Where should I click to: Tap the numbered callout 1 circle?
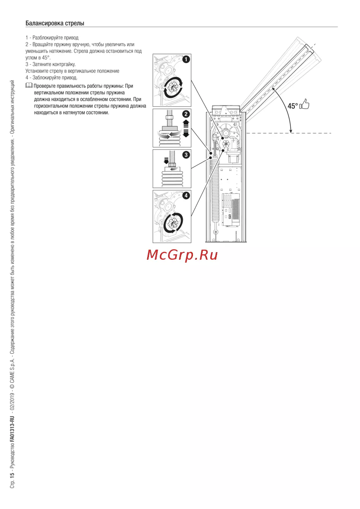click(x=186, y=59)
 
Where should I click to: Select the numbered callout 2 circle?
click(x=186, y=114)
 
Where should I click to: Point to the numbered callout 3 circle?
click(x=186, y=155)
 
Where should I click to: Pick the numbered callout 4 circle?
click(x=186, y=196)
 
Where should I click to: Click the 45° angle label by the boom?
click(x=292, y=106)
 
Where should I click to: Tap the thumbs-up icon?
click(x=305, y=104)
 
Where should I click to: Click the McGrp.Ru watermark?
click(x=182, y=255)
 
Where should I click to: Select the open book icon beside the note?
click(x=29, y=86)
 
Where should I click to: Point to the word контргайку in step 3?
click(x=64, y=64)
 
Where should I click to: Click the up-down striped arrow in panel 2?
click(x=186, y=128)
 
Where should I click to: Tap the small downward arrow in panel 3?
click(x=166, y=160)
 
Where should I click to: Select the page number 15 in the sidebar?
click(x=12, y=474)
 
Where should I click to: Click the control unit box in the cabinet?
click(x=231, y=210)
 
